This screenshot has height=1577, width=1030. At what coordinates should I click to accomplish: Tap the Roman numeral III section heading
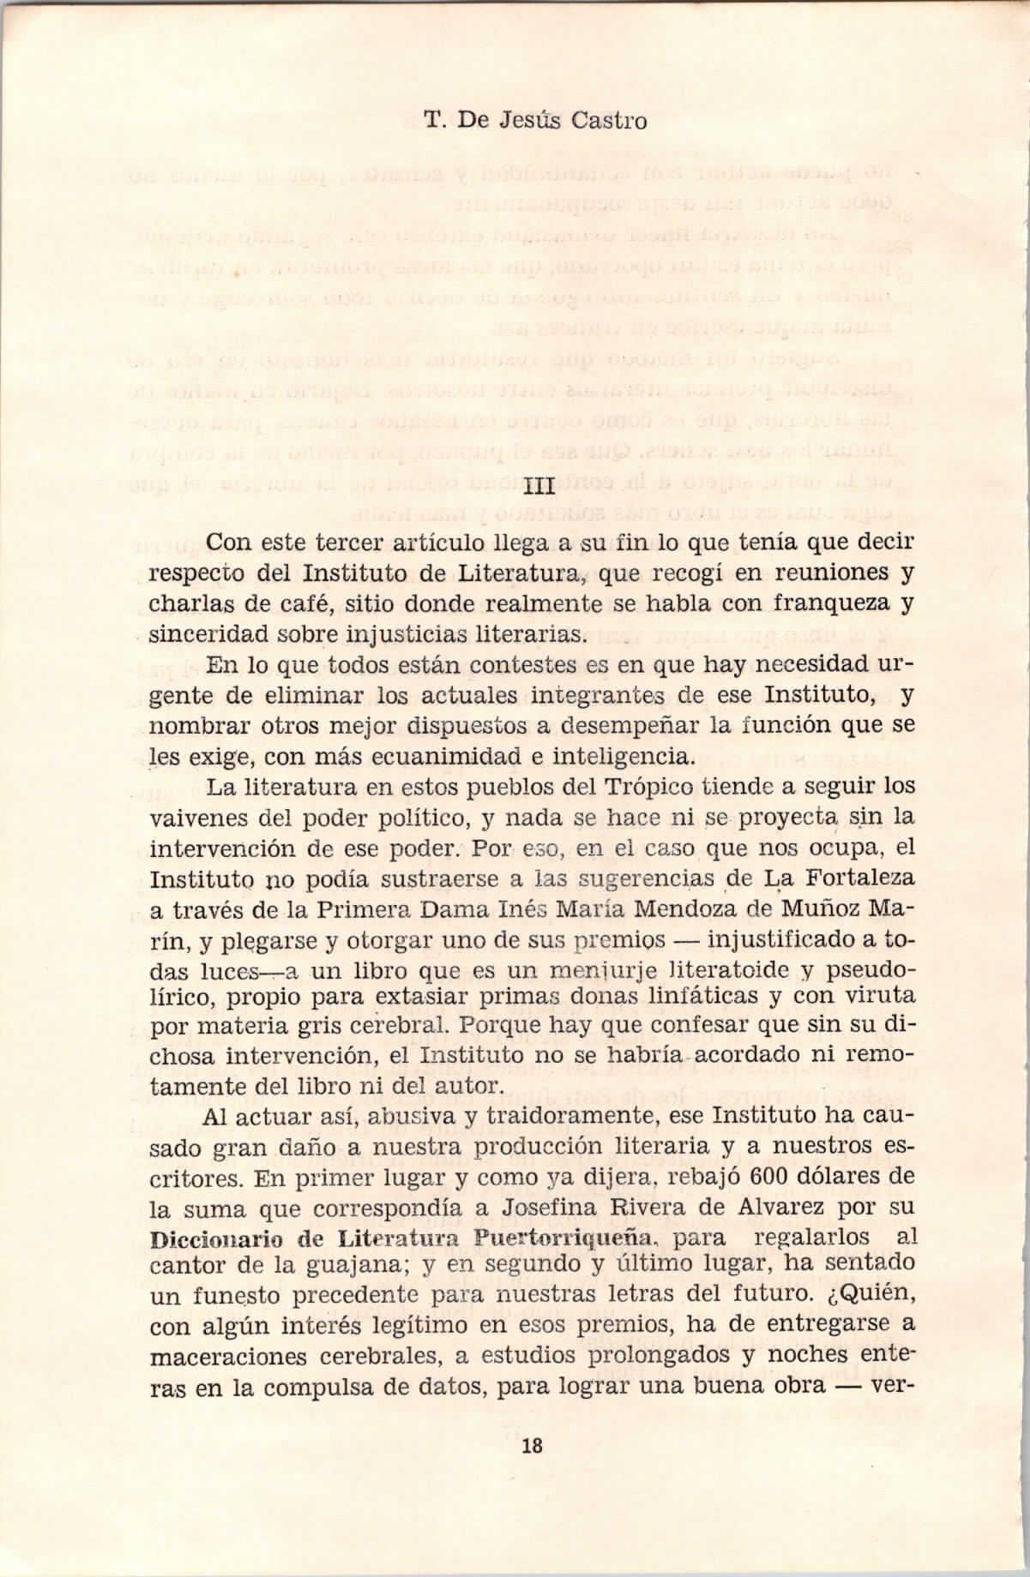point(539,489)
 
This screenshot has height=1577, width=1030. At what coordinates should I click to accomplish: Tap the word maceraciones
point(243,1356)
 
